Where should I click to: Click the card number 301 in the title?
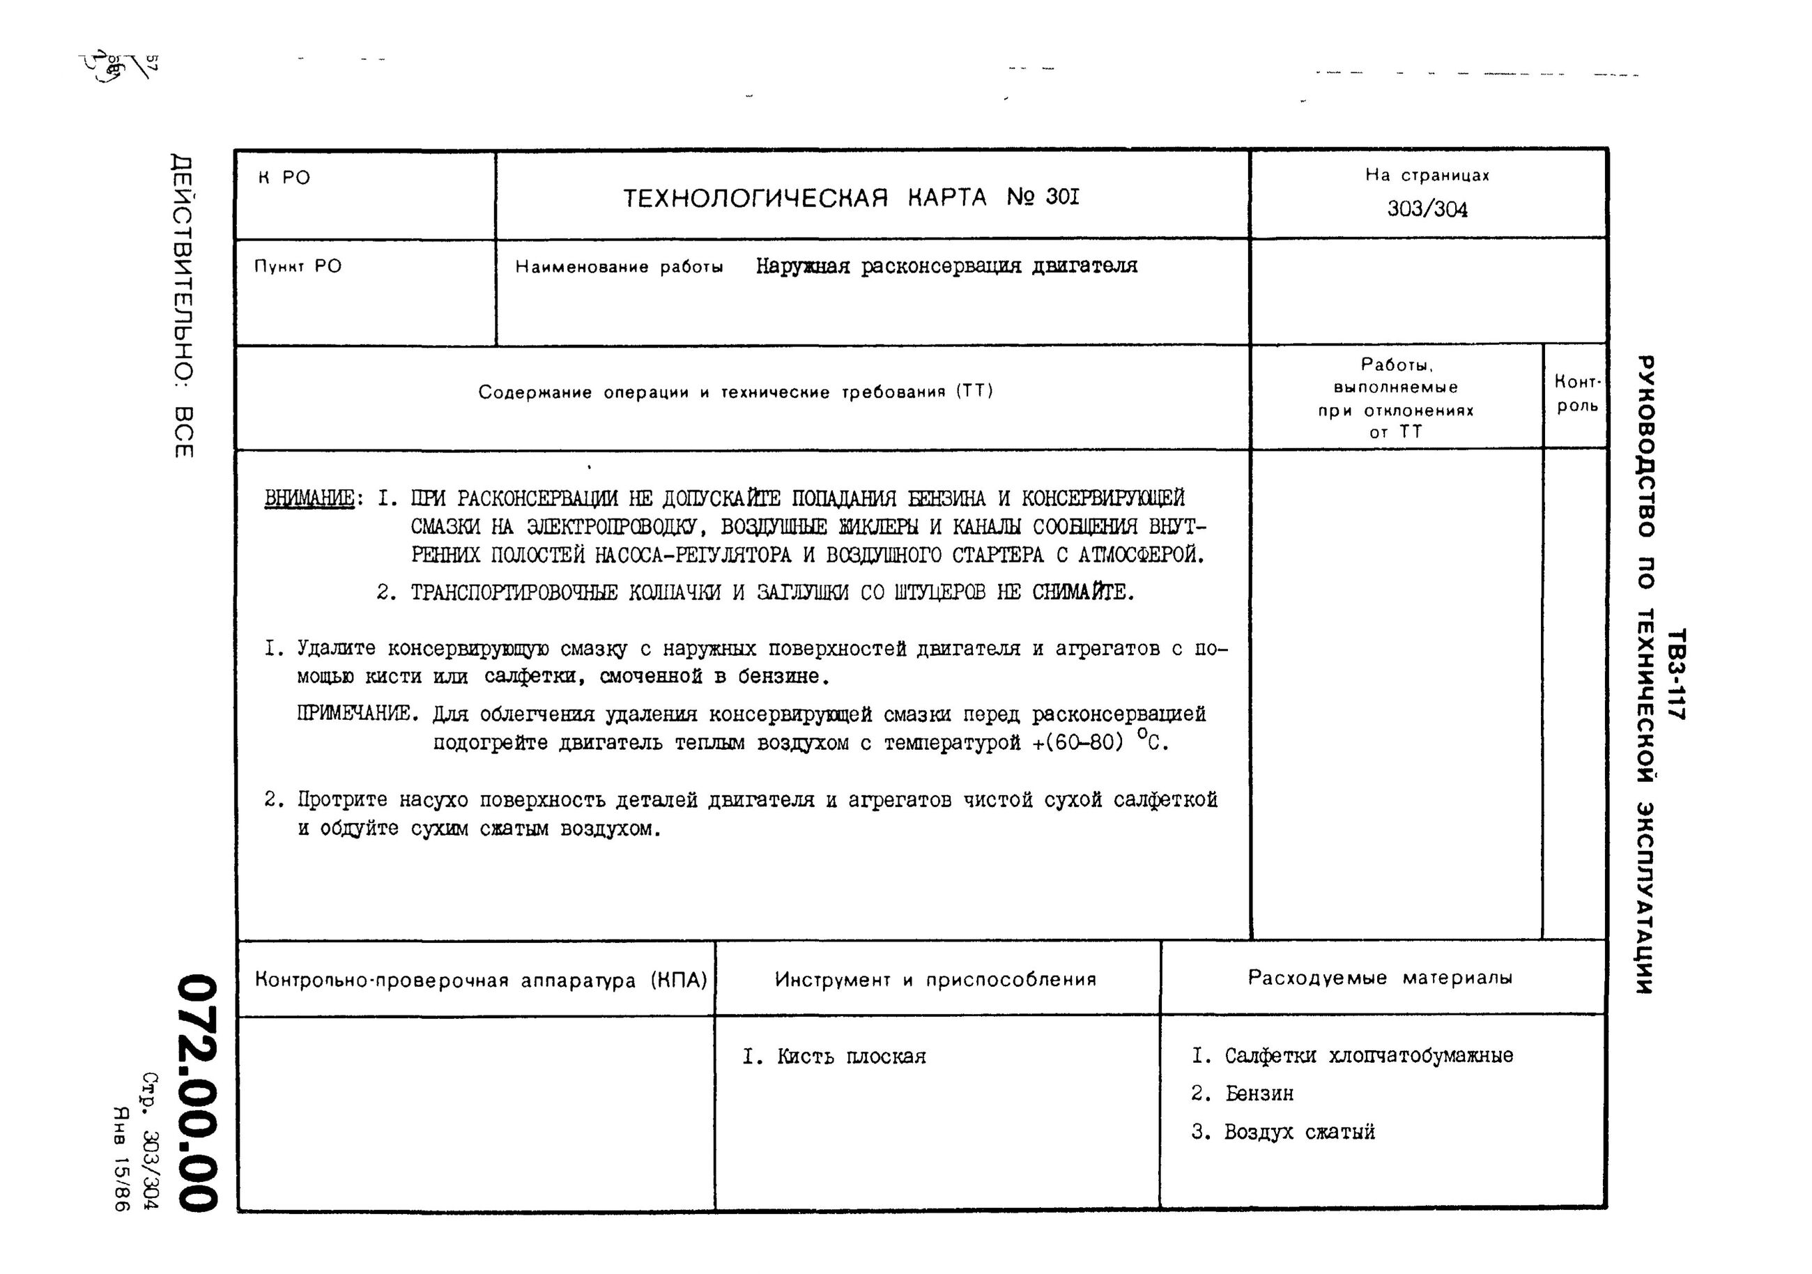(1061, 197)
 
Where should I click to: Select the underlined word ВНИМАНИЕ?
(309, 499)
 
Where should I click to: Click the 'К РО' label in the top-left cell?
(284, 178)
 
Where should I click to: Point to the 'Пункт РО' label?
(298, 266)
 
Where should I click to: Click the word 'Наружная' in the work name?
(802, 267)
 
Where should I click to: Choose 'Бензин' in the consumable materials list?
(1259, 1094)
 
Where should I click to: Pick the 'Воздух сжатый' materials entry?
(1299, 1132)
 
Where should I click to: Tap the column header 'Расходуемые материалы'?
(1379, 978)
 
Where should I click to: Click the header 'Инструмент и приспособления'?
(935, 980)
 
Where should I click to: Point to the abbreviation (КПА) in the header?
(679, 981)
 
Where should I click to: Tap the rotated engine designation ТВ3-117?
(1676, 673)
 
